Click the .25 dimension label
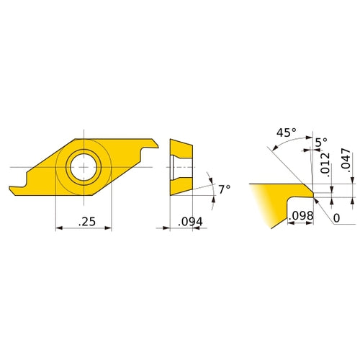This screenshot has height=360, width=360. (x=87, y=221)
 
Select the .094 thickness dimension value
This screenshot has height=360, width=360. (x=190, y=222)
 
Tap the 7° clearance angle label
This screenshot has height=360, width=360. (x=225, y=189)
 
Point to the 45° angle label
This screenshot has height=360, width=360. (x=287, y=132)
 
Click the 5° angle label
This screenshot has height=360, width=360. (x=321, y=143)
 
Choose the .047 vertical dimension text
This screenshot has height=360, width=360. (x=346, y=159)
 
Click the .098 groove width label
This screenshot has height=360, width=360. (x=301, y=215)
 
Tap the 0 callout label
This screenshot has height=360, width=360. (x=337, y=218)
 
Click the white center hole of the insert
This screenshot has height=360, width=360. (x=84, y=167)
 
